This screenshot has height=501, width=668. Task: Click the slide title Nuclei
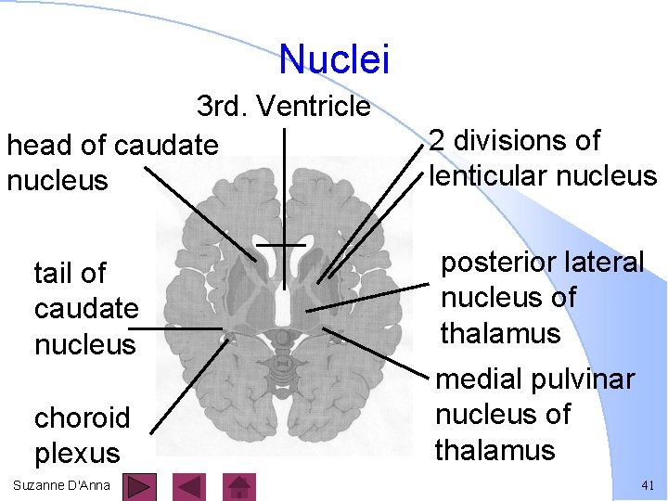click(x=334, y=59)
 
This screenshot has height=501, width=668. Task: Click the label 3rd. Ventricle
click(x=283, y=107)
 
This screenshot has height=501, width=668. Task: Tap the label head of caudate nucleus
click(x=111, y=161)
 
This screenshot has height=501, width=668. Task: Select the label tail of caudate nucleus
click(x=85, y=308)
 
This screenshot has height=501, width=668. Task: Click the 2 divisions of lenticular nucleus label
click(x=542, y=158)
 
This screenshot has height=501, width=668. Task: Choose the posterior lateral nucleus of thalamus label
click(x=541, y=298)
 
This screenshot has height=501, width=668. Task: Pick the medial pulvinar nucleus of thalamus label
click(x=534, y=415)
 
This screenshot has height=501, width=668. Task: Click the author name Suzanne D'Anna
click(x=62, y=485)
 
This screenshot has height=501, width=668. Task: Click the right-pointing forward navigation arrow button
click(x=139, y=486)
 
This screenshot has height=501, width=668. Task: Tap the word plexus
click(x=78, y=453)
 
